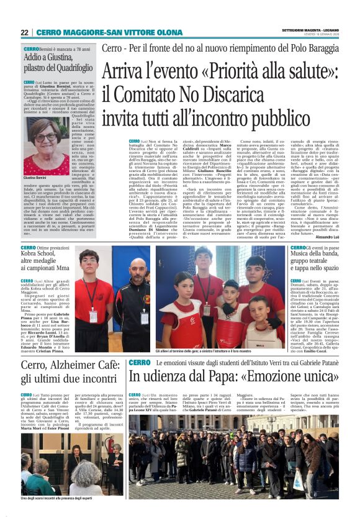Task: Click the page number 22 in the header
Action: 24,32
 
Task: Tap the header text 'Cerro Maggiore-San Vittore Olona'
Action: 100,32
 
